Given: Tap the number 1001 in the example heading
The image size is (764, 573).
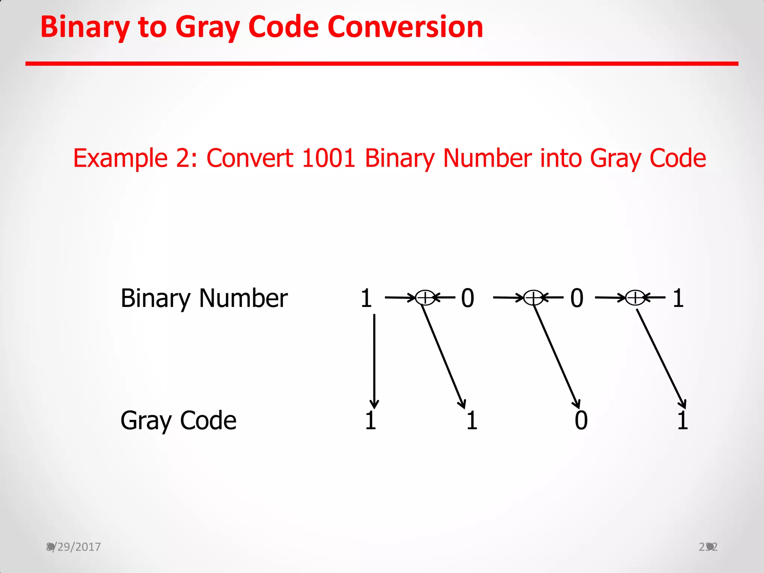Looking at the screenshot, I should tap(328, 158).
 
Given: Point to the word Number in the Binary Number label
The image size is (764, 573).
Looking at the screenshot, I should tap(243, 298).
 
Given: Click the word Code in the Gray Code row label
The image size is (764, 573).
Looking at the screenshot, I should tap(208, 420).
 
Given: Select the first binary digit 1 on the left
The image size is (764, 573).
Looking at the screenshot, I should tap(366, 298).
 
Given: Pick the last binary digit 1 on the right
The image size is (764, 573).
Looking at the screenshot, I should tap(678, 298).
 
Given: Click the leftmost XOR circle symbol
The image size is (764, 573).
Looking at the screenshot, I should tap(425, 298).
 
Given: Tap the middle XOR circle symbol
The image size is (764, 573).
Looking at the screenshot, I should tap(533, 298).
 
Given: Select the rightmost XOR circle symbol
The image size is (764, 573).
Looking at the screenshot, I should tap(635, 298).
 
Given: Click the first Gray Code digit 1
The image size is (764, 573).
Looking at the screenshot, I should tap(370, 420).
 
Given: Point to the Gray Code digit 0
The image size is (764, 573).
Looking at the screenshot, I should tap(581, 420).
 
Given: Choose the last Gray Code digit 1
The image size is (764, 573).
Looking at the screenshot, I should tap(682, 420).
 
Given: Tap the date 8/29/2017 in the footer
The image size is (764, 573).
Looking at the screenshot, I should tap(73, 547).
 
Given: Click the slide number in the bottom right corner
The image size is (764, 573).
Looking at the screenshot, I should tap(708, 547).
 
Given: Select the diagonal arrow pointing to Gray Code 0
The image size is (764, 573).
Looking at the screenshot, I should tap(556, 356).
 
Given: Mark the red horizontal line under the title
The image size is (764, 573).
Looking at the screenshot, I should tap(382, 64).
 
